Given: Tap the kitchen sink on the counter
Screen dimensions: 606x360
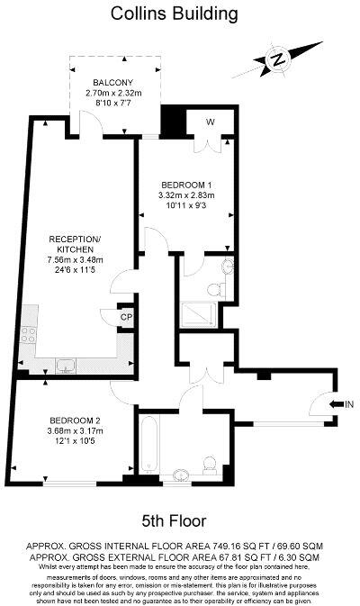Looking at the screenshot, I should (66, 365).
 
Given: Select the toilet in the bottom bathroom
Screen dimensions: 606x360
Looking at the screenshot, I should (210, 464).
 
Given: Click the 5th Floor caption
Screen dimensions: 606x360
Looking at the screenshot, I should (174, 520).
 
